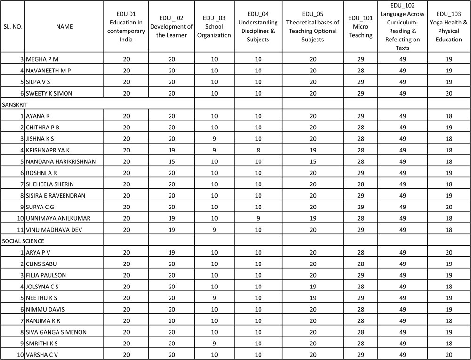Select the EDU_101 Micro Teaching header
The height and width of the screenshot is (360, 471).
(x=361, y=27)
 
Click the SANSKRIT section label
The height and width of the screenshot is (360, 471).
(x=16, y=104)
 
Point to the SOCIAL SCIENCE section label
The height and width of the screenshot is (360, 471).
(x=23, y=241)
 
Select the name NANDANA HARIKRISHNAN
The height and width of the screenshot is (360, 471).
(x=61, y=161)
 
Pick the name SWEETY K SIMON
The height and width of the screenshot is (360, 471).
(x=49, y=93)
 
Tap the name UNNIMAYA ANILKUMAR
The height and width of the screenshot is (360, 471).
(x=58, y=218)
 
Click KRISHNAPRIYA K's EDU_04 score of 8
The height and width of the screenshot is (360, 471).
(x=258, y=150)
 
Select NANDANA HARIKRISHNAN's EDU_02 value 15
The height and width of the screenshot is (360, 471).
(x=172, y=161)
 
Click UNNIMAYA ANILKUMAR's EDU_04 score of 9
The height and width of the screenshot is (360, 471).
(x=258, y=218)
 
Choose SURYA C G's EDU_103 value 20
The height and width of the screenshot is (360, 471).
(x=448, y=207)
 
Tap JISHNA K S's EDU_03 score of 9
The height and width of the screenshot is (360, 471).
(x=214, y=139)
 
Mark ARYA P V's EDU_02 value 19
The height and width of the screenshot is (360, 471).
(x=172, y=253)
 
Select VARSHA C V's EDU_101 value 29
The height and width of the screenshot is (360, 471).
(x=361, y=354)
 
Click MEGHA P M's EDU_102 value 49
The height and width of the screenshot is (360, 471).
(x=403, y=59)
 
